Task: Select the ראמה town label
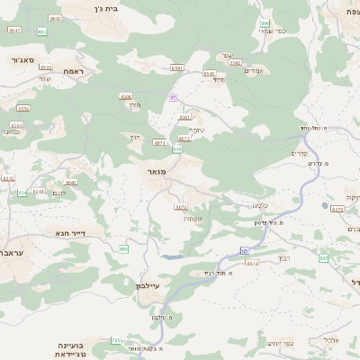(x=73, y=70)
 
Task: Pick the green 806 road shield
(x=123, y=248)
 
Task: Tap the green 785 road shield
(x=116, y=340)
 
